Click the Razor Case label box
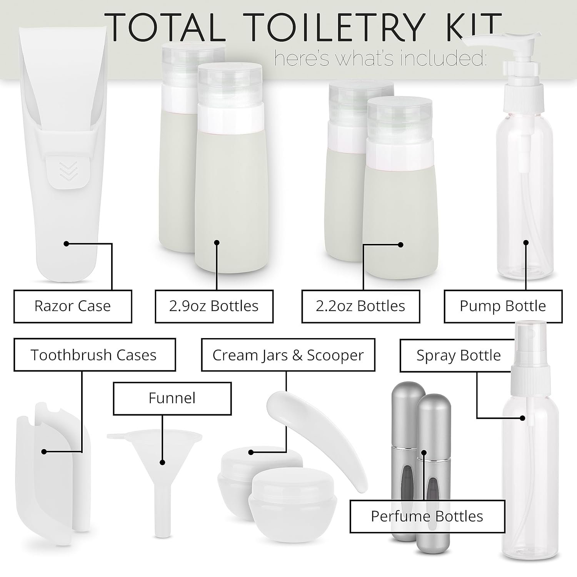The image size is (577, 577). [73, 306]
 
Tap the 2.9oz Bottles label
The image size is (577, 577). [214, 306]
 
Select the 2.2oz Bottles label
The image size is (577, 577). [360, 306]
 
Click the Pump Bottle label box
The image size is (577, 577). [503, 306]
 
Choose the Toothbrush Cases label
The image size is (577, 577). [95, 355]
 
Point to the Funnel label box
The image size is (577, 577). [172, 398]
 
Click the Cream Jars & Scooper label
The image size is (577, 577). [288, 355]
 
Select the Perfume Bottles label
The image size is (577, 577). [427, 516]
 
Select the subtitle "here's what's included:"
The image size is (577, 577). [381, 59]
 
